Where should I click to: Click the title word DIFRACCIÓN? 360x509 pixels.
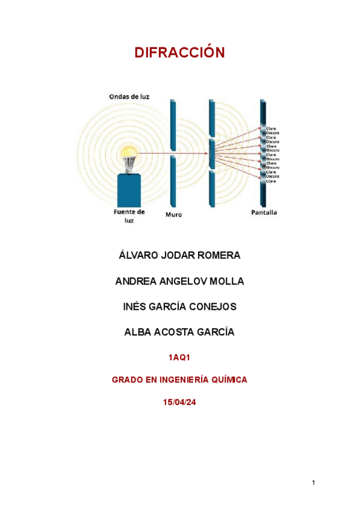pyautogui.click(x=179, y=53)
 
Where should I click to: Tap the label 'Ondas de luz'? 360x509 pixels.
pyautogui.click(x=129, y=96)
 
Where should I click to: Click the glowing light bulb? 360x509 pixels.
pyautogui.click(x=128, y=155)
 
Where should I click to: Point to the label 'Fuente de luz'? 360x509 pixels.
pyautogui.click(x=129, y=216)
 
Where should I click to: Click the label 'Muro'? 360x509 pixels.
pyautogui.click(x=173, y=214)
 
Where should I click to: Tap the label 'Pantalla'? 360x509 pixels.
pyautogui.click(x=264, y=212)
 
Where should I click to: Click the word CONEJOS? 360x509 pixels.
pyautogui.click(x=214, y=307)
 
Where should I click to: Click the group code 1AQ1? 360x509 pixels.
pyautogui.click(x=179, y=358)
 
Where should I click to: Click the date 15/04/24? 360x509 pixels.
pyautogui.click(x=179, y=402)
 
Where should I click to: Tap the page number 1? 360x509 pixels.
pyautogui.click(x=314, y=483)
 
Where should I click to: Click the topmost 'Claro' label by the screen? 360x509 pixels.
pyautogui.click(x=272, y=128)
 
